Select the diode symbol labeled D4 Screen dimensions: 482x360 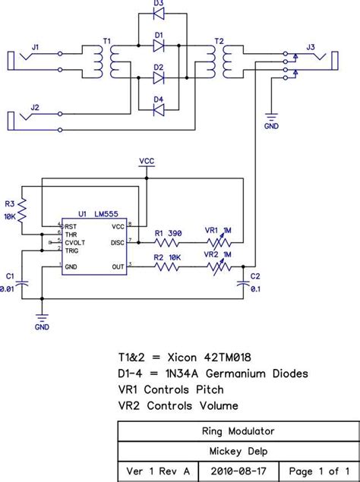159,110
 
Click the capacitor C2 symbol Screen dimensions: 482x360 243,282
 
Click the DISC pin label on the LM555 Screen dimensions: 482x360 118,243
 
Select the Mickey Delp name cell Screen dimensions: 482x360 238,449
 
